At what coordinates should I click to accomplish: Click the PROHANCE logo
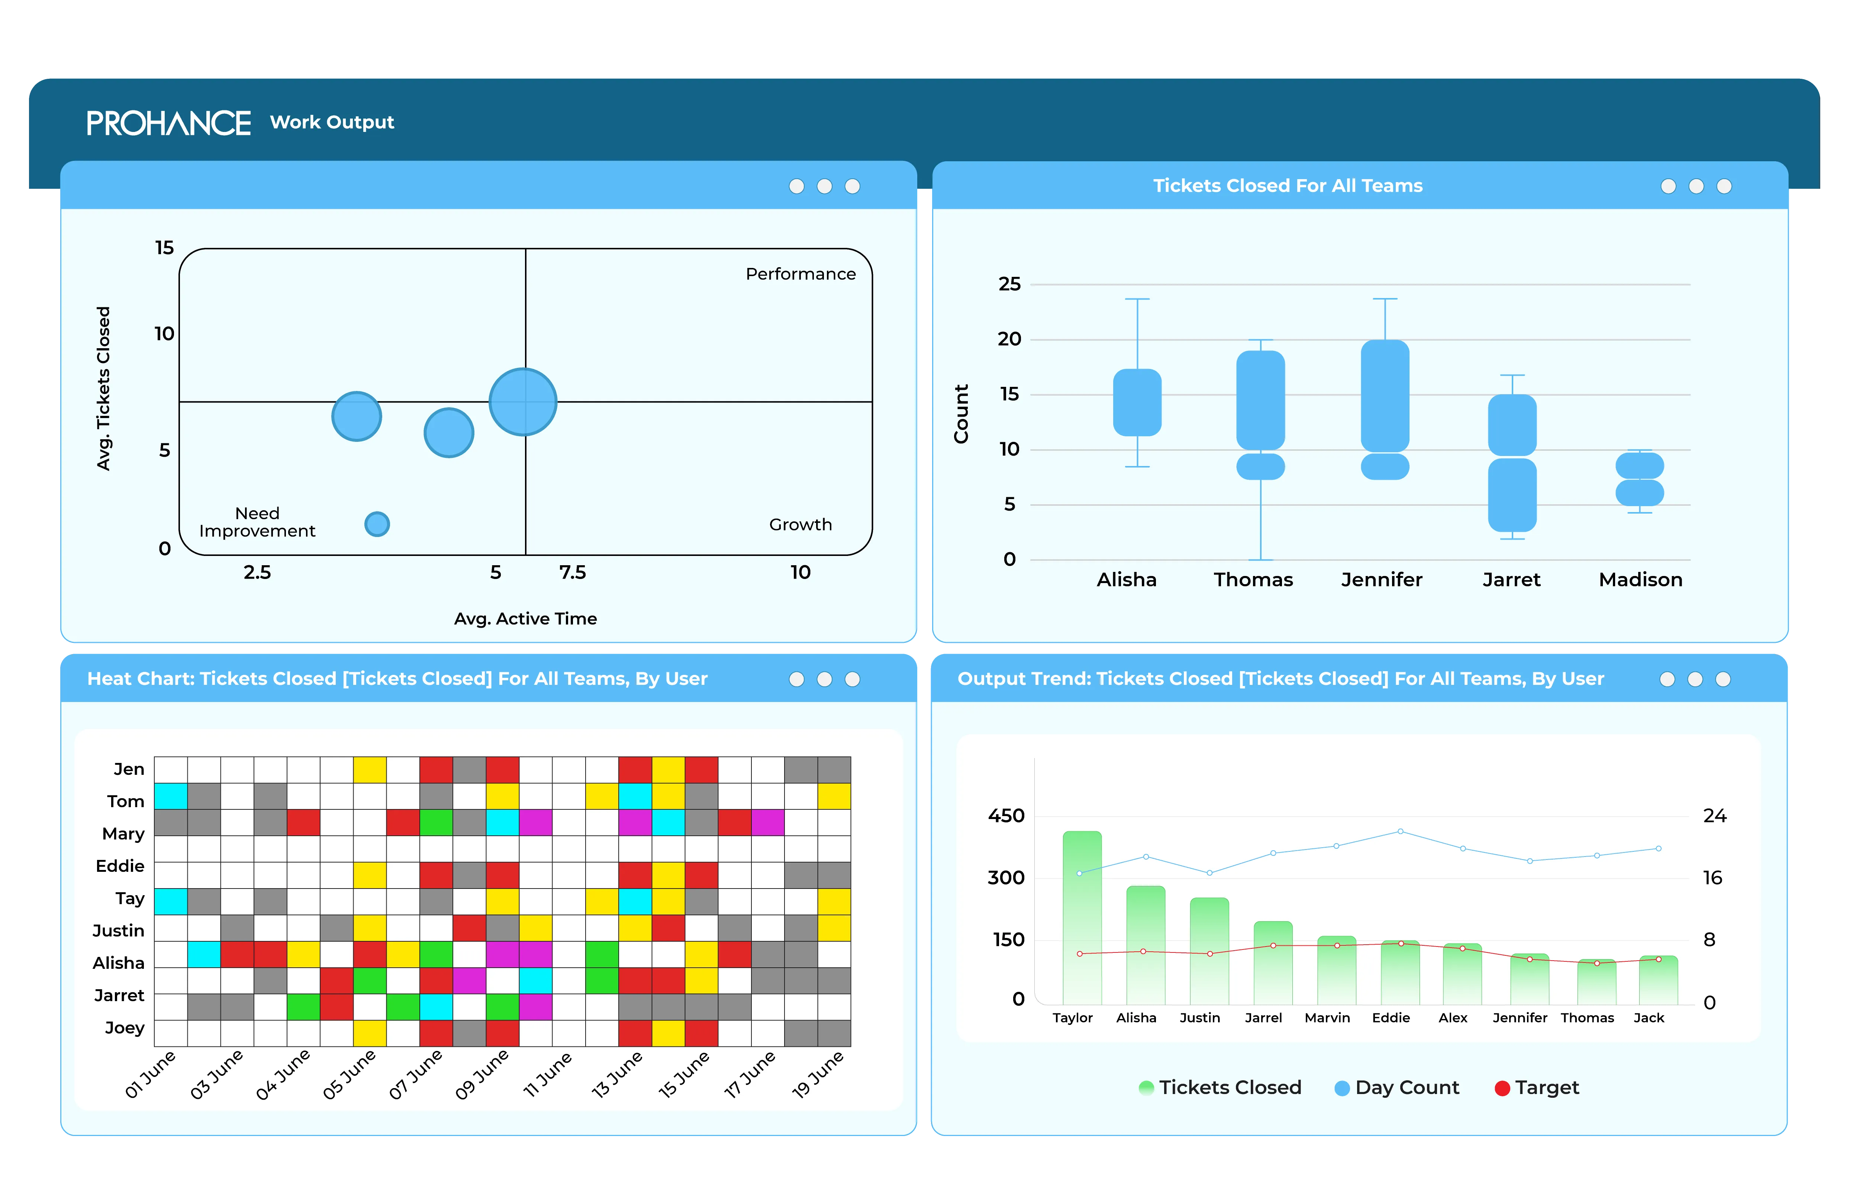[x=168, y=123]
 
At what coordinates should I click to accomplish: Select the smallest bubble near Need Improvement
[x=377, y=524]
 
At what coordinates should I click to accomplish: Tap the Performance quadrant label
[x=801, y=274]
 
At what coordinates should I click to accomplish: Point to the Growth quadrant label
[x=801, y=524]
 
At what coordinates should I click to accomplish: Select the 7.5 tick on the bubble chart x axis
[x=572, y=572]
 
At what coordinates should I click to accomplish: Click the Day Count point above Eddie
[x=1400, y=831]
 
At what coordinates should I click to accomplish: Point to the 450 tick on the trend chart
[x=1006, y=816]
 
